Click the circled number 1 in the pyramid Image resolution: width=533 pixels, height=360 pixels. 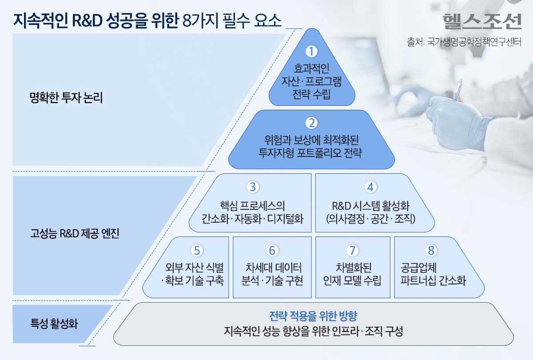(x=312, y=52)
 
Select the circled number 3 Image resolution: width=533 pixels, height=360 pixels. (x=253, y=187)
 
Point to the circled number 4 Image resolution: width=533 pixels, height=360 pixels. (x=370, y=187)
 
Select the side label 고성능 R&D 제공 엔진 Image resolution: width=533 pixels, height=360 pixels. (x=75, y=234)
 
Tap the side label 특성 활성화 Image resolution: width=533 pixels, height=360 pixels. (x=54, y=324)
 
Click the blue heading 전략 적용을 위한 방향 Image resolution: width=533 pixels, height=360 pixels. (x=313, y=316)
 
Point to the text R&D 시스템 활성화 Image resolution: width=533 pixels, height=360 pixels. (x=370, y=206)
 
